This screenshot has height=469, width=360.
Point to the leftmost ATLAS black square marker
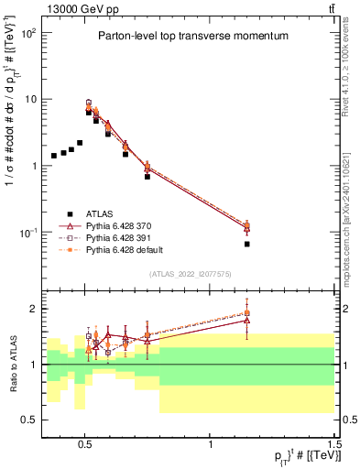click(54, 156)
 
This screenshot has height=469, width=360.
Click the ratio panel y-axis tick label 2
click(34, 309)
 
